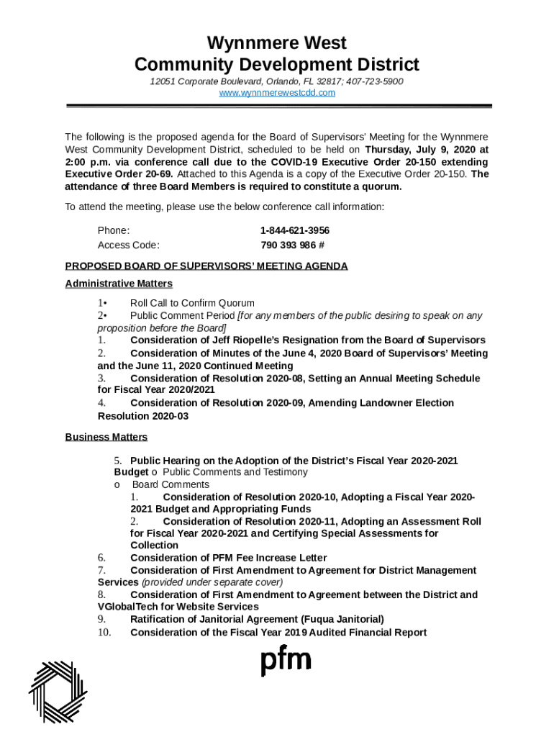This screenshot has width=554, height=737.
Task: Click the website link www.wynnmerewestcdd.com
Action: (x=277, y=93)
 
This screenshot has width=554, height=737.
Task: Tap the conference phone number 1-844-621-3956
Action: (x=295, y=230)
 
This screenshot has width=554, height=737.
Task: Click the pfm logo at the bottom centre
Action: (x=286, y=661)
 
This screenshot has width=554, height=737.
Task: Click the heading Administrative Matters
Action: (x=119, y=284)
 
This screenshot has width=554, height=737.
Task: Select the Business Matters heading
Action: (x=106, y=437)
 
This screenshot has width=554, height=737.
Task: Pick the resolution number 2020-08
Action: (x=292, y=379)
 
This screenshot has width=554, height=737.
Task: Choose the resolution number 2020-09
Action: (x=292, y=403)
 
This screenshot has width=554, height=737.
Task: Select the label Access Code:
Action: (x=129, y=245)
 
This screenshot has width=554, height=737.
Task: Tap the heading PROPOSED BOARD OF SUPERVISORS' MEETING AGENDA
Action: (x=206, y=266)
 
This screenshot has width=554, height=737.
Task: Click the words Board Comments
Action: (x=160, y=484)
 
